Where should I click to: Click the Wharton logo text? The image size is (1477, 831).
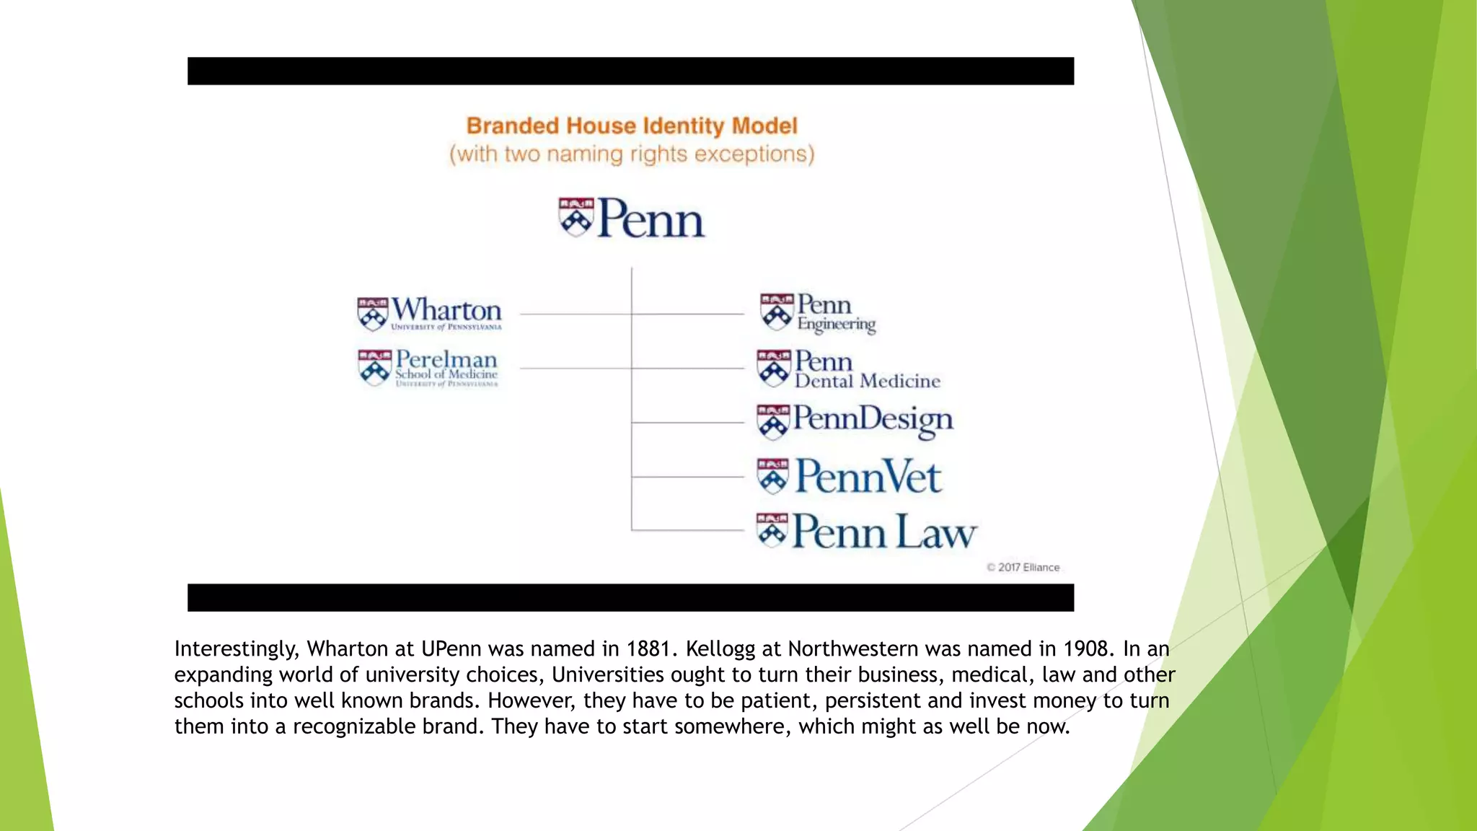click(446, 311)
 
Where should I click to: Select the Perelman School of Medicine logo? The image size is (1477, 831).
click(429, 368)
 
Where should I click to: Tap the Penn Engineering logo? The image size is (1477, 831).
click(819, 313)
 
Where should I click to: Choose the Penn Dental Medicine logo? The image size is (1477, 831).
click(849, 369)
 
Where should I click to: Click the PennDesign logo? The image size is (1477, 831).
click(855, 421)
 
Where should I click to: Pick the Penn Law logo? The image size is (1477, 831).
click(867, 532)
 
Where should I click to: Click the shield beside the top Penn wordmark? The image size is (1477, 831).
click(576, 217)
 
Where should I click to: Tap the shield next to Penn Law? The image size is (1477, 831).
click(772, 530)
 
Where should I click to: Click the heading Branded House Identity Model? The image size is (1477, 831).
click(632, 126)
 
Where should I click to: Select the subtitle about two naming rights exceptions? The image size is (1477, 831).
click(632, 154)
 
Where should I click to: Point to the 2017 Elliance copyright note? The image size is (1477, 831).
click(1023, 568)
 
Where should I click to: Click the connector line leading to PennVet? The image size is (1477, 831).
click(687, 477)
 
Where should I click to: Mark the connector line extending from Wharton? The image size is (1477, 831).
click(575, 314)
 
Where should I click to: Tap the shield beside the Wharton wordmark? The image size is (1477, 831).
click(373, 314)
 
